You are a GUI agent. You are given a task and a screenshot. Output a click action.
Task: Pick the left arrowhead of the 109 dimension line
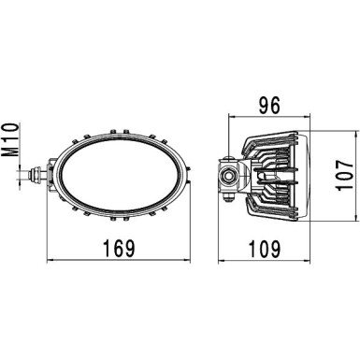point(223,262)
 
